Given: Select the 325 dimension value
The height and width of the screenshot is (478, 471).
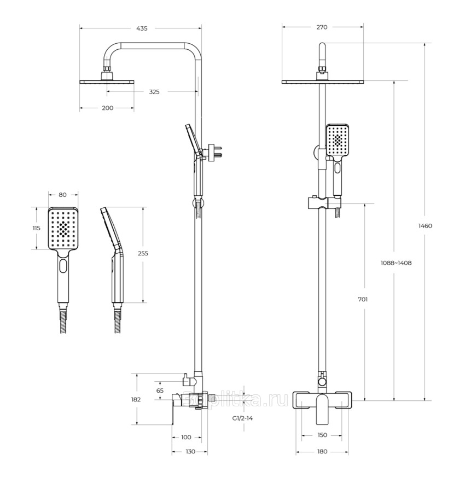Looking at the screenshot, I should (x=154, y=92).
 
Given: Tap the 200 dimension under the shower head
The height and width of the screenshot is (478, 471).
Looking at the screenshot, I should (x=107, y=108).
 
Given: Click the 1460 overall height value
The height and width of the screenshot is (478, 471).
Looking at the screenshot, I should (x=425, y=226).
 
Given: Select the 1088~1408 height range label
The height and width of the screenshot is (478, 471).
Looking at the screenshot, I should (x=396, y=263).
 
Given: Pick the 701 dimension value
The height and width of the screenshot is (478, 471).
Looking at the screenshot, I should (x=363, y=300).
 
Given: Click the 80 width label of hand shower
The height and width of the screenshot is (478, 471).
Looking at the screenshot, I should (x=62, y=195).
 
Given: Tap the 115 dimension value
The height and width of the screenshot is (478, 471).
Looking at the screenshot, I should (x=36, y=228).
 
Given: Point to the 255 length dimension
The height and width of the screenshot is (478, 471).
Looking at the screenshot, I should (x=143, y=253).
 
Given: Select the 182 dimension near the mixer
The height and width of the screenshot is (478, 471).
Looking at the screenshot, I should (x=136, y=399).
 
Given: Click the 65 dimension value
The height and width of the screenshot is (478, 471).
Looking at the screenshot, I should (x=160, y=390).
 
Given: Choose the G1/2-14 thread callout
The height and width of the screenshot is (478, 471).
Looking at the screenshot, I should (x=242, y=418).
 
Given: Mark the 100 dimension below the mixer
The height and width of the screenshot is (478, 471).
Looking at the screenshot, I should (x=186, y=437).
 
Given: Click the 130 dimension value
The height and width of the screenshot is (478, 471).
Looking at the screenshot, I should (x=190, y=451).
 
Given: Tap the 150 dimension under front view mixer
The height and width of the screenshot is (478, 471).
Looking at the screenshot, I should (x=322, y=435).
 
